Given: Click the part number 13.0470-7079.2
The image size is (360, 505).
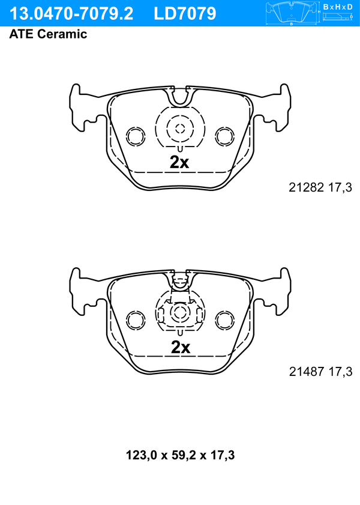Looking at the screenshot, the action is tap(71, 14).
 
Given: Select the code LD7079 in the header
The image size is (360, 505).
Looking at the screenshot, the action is tap(185, 14).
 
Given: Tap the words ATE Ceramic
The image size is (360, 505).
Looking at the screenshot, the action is tap(48, 34).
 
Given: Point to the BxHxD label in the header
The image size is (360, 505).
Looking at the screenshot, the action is tap(338, 7).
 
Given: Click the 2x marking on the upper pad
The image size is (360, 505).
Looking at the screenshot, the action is tap(179, 163).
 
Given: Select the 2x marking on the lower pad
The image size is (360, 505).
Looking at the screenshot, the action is tap(180, 347).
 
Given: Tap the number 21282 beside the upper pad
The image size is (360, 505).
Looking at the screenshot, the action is tap(306, 187).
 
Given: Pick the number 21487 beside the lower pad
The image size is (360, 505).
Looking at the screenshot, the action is tap(306, 371).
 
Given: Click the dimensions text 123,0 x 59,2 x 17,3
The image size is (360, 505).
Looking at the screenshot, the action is tap(180, 455).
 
